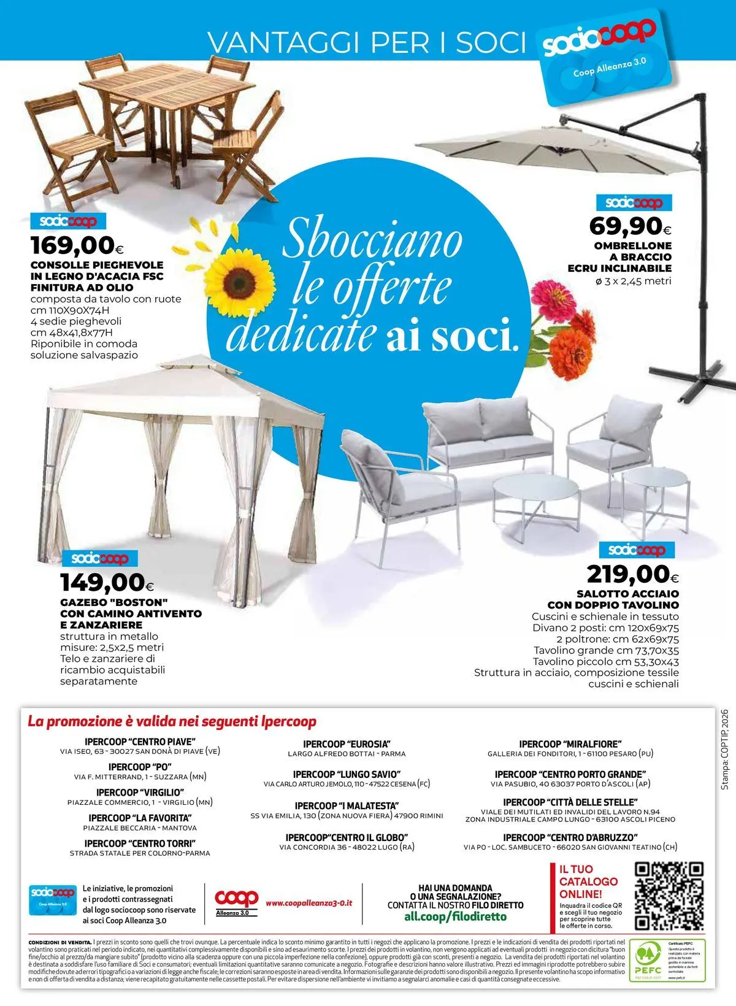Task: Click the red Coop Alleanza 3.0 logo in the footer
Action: (x=236, y=900)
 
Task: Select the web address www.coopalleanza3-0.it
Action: (x=309, y=904)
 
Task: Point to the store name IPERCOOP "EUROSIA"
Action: (x=347, y=744)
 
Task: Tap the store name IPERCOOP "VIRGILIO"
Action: (x=140, y=793)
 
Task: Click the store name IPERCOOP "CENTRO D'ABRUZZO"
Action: (x=570, y=837)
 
